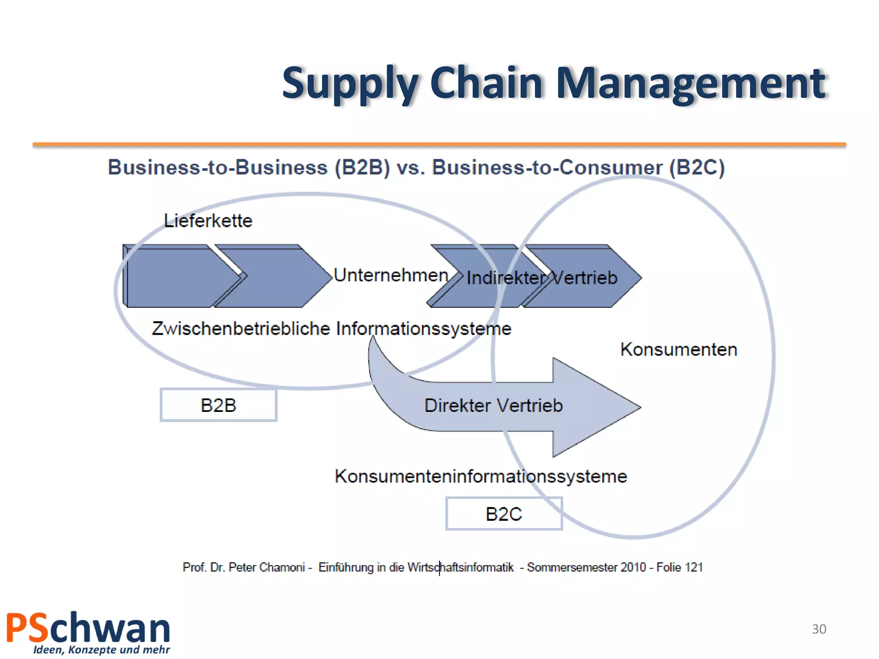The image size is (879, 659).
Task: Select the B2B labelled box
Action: (x=218, y=405)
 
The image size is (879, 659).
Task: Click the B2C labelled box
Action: (x=504, y=514)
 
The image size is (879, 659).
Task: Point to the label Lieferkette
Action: (x=208, y=221)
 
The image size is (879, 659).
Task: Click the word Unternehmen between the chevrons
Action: (x=391, y=275)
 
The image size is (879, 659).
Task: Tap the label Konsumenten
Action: (x=679, y=349)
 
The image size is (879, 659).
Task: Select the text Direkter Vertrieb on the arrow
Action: (x=493, y=405)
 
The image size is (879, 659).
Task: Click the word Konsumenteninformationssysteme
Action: (x=481, y=476)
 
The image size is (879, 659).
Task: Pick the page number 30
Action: (x=819, y=629)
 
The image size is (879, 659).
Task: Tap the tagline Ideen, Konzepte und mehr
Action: (x=101, y=650)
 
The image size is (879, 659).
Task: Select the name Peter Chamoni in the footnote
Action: (x=267, y=567)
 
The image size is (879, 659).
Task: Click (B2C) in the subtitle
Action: (x=697, y=167)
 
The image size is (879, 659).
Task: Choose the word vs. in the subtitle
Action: (x=411, y=167)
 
